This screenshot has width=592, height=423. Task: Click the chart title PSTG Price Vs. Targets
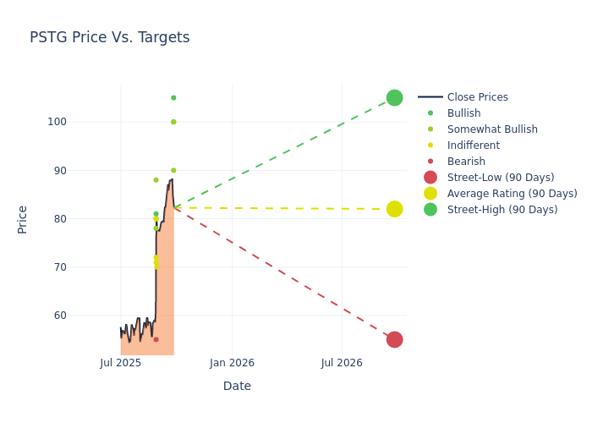(x=109, y=38)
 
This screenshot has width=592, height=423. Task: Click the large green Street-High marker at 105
(x=394, y=97)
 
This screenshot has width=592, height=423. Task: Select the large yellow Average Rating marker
(x=394, y=209)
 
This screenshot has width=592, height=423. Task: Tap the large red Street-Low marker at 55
(x=394, y=339)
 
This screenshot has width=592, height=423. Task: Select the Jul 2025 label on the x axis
(x=121, y=363)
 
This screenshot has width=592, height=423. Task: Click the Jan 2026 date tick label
(x=232, y=363)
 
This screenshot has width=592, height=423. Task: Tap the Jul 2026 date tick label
(x=342, y=363)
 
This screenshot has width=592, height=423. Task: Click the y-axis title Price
(x=23, y=219)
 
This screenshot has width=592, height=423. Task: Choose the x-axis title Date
(x=237, y=386)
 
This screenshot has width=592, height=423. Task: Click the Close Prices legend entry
(x=477, y=97)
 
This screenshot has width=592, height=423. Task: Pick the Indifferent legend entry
(x=473, y=146)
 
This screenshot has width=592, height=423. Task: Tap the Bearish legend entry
(x=466, y=162)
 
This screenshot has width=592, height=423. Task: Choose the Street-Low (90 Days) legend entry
(x=501, y=178)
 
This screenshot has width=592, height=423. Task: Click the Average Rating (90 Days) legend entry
(x=512, y=194)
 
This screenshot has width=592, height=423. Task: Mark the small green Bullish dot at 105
(x=173, y=97)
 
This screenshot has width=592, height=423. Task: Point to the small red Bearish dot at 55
(x=156, y=339)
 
